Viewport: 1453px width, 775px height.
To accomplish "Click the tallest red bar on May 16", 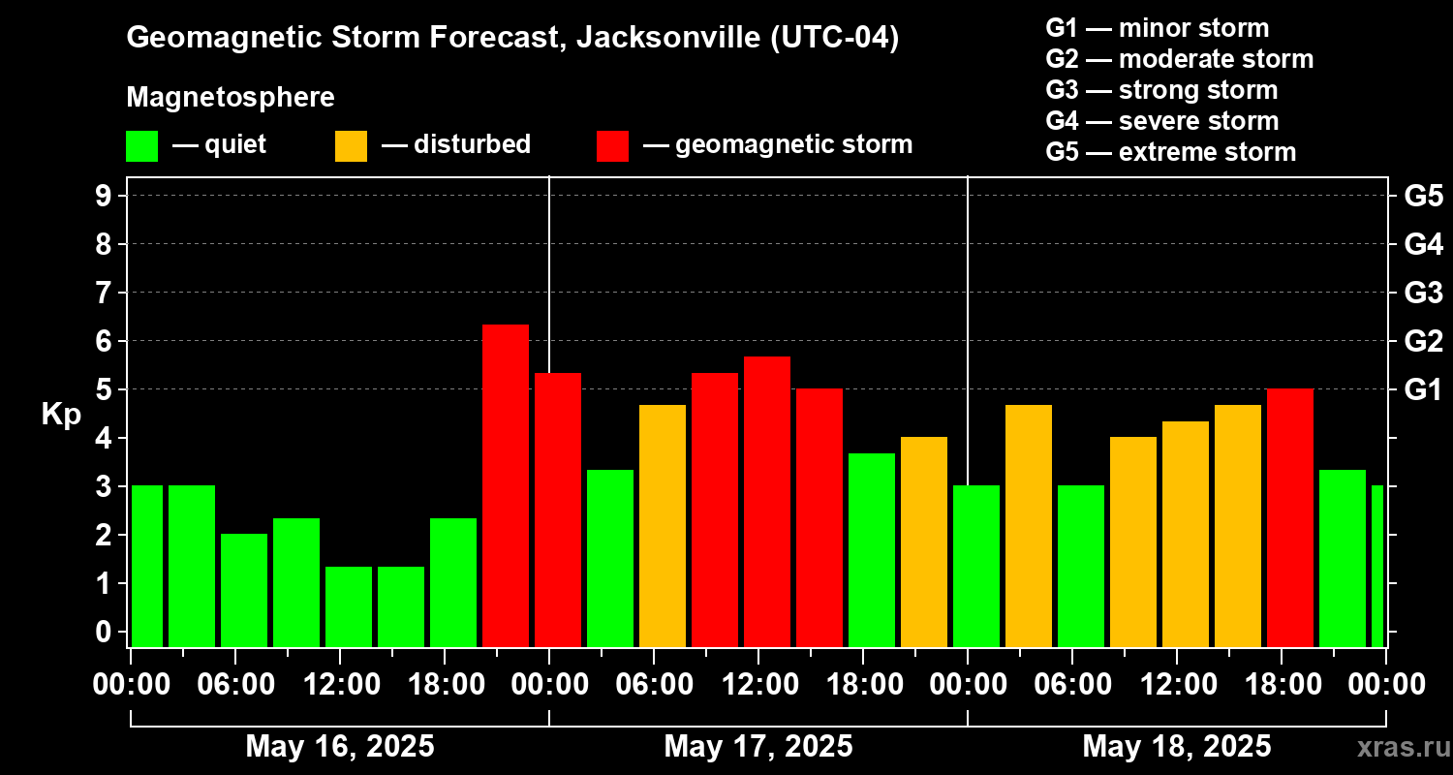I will (506, 484).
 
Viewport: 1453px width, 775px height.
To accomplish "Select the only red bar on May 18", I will (1290, 517).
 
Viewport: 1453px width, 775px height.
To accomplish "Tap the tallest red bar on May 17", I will (767, 501).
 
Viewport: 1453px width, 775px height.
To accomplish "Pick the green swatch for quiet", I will (141, 146).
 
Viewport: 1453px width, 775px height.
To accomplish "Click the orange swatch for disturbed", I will (351, 146).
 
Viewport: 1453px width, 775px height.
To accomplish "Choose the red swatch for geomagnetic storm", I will (612, 146).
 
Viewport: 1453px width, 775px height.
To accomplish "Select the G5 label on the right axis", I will (1423, 196).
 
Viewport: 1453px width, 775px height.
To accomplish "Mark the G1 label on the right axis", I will (1423, 389).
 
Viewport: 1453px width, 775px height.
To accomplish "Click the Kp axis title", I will (61, 414).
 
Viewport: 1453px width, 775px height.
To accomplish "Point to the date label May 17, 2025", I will (758, 746).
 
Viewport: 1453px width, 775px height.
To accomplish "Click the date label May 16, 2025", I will (340, 746).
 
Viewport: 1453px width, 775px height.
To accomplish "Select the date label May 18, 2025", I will (1177, 746).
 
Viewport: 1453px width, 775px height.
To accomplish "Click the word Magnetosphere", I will (231, 98).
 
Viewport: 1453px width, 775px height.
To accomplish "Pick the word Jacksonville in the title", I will (661, 38).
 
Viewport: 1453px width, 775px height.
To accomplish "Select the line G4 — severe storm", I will (1162, 121).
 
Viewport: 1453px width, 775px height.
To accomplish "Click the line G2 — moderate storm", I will (1180, 59).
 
